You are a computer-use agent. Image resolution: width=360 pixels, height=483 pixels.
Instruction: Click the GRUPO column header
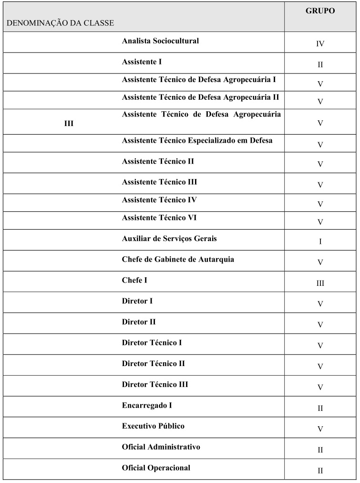pos(320,11)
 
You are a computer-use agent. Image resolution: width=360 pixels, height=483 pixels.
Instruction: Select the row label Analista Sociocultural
pos(160,41)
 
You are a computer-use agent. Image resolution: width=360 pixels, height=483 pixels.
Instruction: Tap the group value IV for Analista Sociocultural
pos(320,44)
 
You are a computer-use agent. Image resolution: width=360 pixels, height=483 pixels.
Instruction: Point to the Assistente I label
pos(143,62)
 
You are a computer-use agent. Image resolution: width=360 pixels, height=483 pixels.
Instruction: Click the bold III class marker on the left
pos(69,124)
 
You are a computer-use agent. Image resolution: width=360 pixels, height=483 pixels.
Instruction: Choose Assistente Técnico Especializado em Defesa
pos(197,141)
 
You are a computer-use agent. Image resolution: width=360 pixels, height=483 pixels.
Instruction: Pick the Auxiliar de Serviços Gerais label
pos(169,238)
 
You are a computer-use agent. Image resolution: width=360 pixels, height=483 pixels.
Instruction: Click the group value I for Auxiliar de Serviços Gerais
pos(320,241)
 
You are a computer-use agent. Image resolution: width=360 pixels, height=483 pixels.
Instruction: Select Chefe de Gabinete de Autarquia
pos(178,260)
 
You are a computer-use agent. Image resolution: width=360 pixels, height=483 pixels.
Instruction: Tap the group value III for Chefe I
pos(320,283)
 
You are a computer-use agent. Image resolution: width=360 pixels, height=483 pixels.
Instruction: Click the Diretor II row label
pos(139,322)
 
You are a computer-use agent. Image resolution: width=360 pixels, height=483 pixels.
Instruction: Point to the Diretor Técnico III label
pos(155,385)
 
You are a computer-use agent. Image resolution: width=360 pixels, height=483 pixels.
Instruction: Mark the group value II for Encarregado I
pos(320,408)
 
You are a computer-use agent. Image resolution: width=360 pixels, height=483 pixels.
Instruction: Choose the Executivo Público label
pos(153,426)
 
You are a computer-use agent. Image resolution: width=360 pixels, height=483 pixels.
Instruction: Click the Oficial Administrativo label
pos(161,447)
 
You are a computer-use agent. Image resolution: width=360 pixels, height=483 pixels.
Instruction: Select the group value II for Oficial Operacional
pos(320,471)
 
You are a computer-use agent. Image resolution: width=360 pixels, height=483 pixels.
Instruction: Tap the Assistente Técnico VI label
pos(159,218)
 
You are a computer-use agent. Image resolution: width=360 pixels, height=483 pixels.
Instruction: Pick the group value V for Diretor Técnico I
pos(320,346)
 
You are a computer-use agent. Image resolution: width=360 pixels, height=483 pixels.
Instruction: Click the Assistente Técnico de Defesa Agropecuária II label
pos(200,97)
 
